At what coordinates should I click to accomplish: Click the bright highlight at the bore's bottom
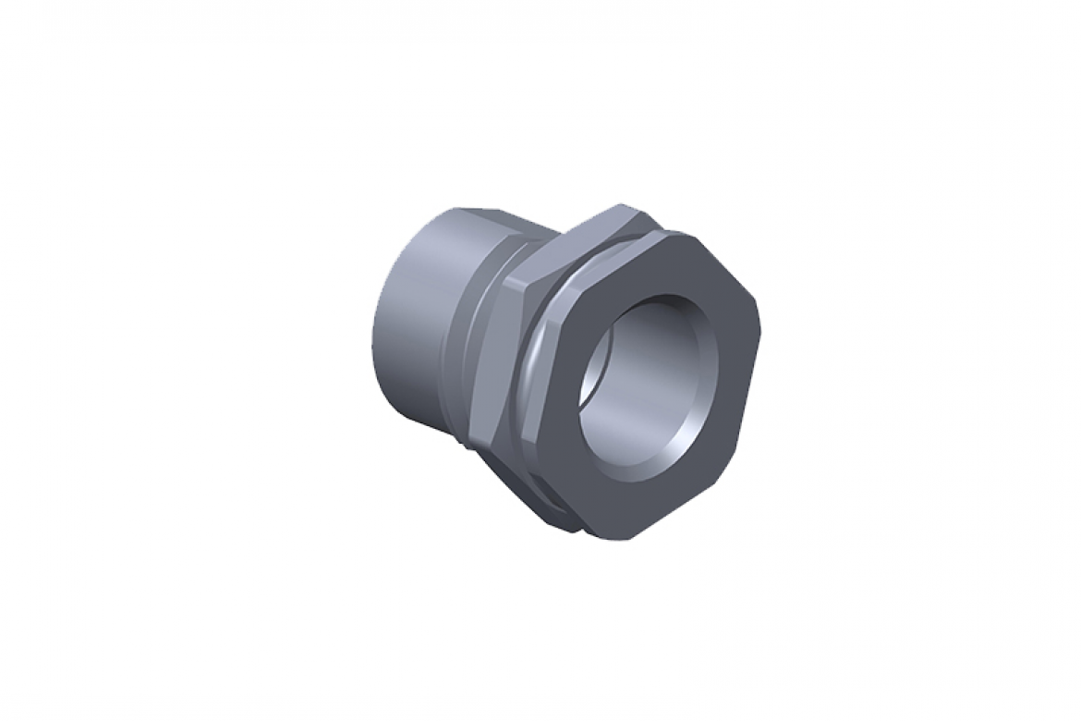638,453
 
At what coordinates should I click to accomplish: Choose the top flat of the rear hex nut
601,222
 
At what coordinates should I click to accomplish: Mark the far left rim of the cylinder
377,314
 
